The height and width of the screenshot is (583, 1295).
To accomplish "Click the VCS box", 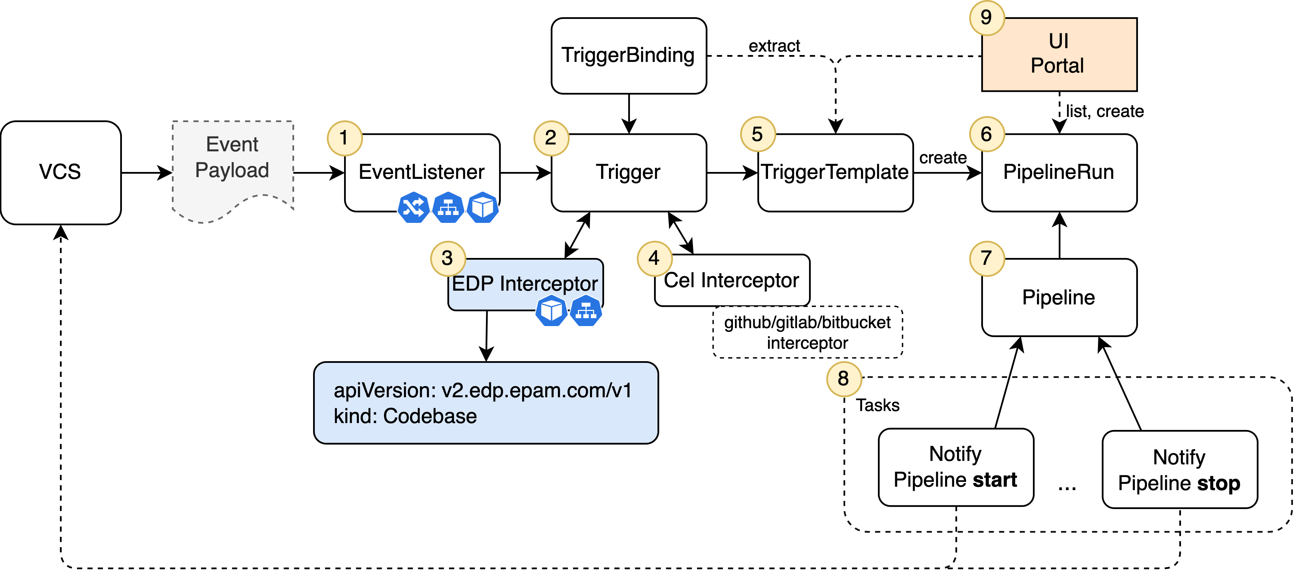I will pos(60,172).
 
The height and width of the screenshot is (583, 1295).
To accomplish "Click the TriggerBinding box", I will pos(629,56).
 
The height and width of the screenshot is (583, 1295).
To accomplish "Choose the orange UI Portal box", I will pos(1059,54).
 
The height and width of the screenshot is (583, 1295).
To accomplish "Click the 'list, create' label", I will pos(1105,111).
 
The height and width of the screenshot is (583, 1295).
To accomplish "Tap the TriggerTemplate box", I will pos(835,172).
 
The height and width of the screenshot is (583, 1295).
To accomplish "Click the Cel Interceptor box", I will pos(732,280).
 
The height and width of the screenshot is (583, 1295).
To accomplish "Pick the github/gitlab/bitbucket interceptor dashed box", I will pos(807,332).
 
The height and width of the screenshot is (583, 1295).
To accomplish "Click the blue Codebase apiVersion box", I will pos(486,403).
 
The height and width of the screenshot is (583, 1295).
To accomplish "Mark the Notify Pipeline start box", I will pos(955,467).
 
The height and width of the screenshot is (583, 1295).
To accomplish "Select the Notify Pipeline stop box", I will pos(1179,469).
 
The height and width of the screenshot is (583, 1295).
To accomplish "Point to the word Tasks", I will pos(878,405).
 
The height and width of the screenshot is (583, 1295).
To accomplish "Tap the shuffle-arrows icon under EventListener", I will pos(413,207).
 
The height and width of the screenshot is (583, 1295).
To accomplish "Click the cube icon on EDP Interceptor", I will pos(551,311).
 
